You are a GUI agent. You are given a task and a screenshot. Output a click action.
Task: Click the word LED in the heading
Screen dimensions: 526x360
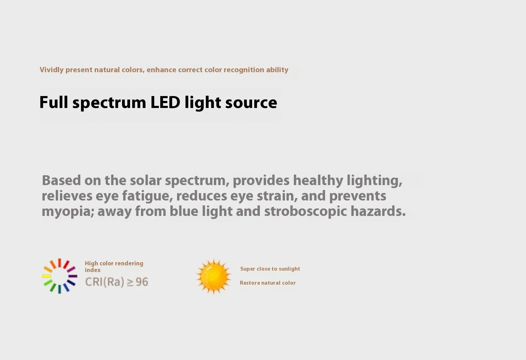click(x=165, y=102)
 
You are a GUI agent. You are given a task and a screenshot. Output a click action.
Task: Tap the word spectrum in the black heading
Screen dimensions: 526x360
click(x=109, y=103)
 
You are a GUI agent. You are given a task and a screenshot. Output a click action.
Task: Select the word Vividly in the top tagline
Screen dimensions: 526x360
click(x=52, y=70)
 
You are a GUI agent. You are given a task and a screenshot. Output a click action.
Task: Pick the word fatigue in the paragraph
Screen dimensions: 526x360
click(x=148, y=196)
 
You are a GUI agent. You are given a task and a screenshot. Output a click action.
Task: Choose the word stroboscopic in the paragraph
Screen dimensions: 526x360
click(x=305, y=212)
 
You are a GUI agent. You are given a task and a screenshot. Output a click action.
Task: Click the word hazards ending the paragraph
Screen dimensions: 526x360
click(x=378, y=211)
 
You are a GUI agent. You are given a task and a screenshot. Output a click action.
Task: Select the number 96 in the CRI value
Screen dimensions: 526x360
click(x=142, y=282)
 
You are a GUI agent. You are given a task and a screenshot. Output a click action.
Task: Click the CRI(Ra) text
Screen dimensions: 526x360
click(x=104, y=282)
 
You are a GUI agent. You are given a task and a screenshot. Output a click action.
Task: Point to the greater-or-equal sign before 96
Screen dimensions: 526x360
click(x=130, y=283)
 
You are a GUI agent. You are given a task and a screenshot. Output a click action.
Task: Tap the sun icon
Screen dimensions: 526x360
click(x=214, y=277)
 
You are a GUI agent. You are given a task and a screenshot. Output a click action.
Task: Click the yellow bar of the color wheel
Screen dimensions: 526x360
click(x=47, y=276)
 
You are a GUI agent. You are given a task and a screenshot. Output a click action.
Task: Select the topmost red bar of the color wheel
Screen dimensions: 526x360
click(x=60, y=263)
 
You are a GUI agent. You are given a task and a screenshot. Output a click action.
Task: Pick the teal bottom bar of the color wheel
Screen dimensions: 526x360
click(x=60, y=289)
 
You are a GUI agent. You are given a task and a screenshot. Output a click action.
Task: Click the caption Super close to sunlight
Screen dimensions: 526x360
click(x=270, y=269)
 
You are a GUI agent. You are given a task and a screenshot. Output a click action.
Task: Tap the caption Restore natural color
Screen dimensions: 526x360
click(x=268, y=283)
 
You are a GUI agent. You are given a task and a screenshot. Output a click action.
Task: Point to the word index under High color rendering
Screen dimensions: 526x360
click(x=93, y=270)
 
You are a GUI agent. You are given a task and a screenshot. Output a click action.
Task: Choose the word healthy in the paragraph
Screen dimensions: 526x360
click(x=318, y=181)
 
